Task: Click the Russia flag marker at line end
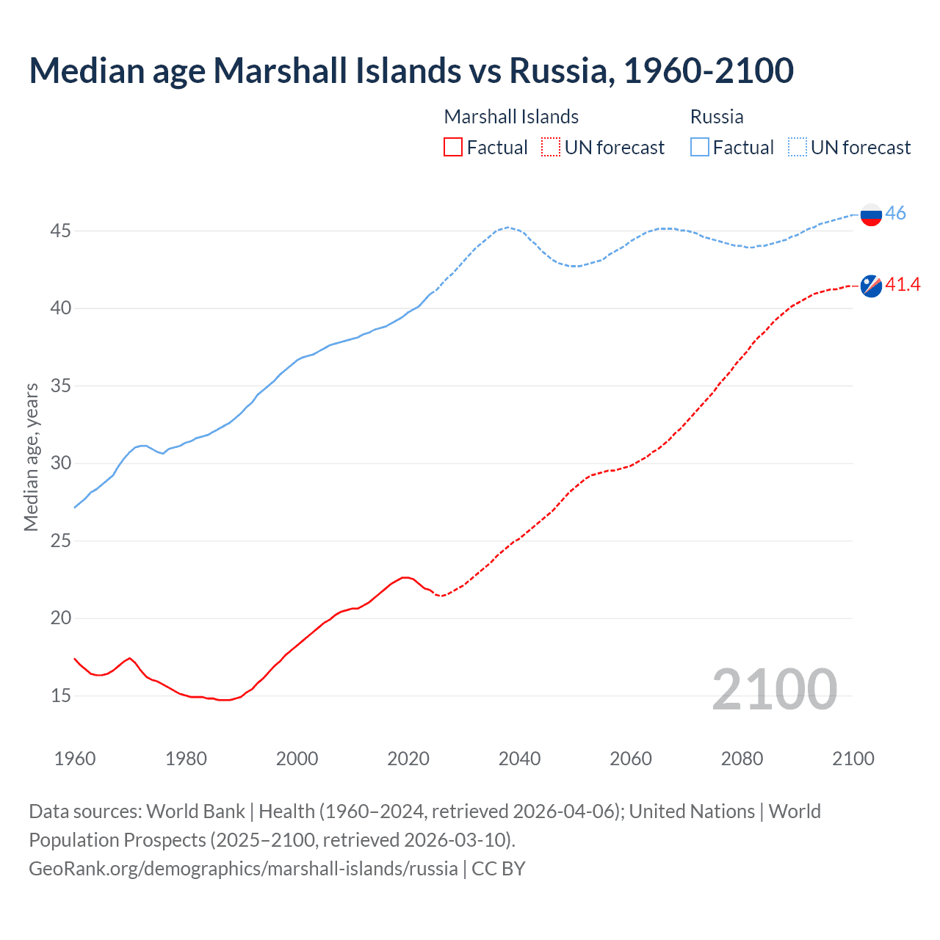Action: click(x=871, y=214)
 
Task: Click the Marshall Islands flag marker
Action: click(x=871, y=286)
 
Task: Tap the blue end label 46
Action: click(x=896, y=213)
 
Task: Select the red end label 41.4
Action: click(x=903, y=284)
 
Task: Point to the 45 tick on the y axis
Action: click(x=60, y=231)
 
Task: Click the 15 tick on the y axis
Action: click(x=60, y=695)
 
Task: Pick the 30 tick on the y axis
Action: click(x=60, y=463)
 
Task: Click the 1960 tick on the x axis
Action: click(x=75, y=759)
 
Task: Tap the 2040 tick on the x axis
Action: click(x=519, y=759)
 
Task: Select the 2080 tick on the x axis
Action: click(x=742, y=759)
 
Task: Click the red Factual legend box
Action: click(x=453, y=148)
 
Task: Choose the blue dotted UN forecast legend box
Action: click(x=798, y=148)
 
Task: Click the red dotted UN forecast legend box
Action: click(x=551, y=148)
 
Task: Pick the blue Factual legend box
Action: click(x=700, y=148)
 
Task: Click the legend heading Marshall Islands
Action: click(x=511, y=117)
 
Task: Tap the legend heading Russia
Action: click(x=717, y=117)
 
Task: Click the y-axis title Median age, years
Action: click(x=31, y=457)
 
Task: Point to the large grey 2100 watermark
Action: click(x=774, y=689)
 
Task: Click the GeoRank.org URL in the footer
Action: click(x=243, y=869)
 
